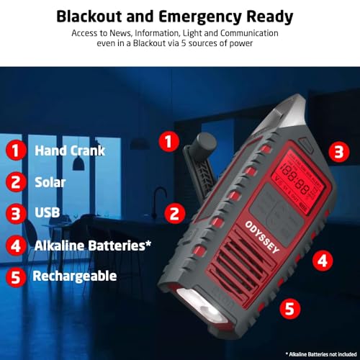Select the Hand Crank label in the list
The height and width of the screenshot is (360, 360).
(70, 150)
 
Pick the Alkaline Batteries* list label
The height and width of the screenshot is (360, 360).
(93, 245)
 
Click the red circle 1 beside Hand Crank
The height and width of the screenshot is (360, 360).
(16, 150)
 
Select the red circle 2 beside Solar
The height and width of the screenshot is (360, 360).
(16, 182)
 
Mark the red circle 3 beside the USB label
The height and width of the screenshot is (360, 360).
(16, 214)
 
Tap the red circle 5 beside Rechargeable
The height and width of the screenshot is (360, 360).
(16, 276)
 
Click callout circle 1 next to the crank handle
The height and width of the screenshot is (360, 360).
(168, 141)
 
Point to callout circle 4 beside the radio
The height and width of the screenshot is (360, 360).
(324, 260)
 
